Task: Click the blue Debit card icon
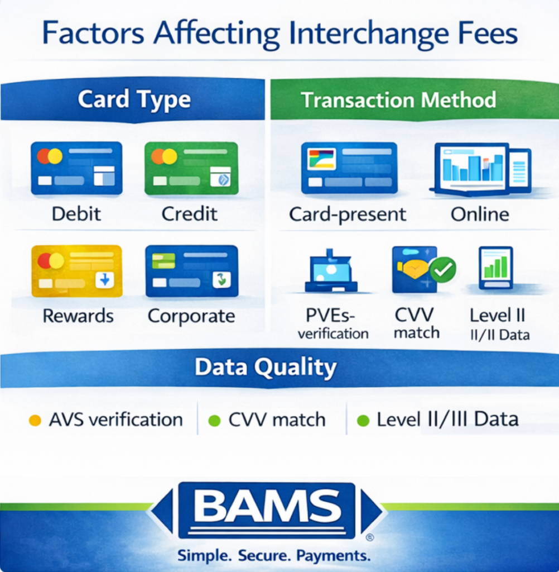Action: [x=76, y=168]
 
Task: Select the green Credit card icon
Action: [x=191, y=168]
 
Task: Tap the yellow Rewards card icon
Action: [x=76, y=270]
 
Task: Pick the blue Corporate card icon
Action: [x=191, y=270]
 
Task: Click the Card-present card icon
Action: [x=349, y=168]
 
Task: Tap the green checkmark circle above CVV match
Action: [x=444, y=270]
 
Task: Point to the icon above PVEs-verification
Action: [x=331, y=271]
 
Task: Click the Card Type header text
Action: [x=134, y=100]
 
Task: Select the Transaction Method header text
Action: [x=398, y=100]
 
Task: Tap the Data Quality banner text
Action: [x=266, y=368]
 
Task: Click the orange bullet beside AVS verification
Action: [x=35, y=421]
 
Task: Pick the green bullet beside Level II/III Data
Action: [x=363, y=421]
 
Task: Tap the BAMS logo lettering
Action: [x=267, y=506]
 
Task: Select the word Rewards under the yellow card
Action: [x=78, y=316]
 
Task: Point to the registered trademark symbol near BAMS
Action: [x=369, y=538]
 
